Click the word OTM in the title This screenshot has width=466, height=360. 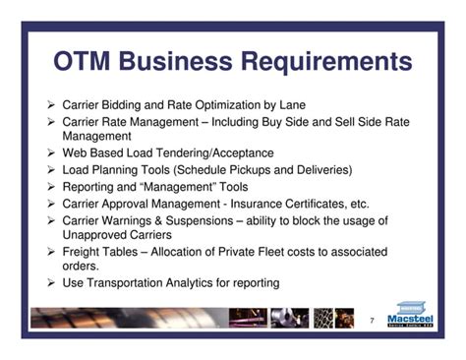coord(82,61)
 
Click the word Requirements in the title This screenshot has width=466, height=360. coord(326,62)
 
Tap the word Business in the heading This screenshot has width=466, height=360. coord(176,61)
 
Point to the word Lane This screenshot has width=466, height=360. coord(292,105)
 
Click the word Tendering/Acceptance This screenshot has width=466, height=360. coord(214,152)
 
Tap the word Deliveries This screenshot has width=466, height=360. coord(324,170)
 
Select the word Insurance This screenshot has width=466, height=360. coord(256,204)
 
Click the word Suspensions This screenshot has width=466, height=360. coord(200,221)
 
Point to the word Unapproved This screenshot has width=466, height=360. coord(94,235)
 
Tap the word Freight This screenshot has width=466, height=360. coord(81,252)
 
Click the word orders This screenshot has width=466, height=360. coord(81,266)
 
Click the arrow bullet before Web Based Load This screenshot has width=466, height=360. coord(51,152)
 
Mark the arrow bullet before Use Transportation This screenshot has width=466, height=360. coord(51,282)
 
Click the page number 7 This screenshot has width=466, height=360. coord(372,321)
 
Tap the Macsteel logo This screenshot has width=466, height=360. coord(410,314)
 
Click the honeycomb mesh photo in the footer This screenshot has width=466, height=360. coord(323,318)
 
